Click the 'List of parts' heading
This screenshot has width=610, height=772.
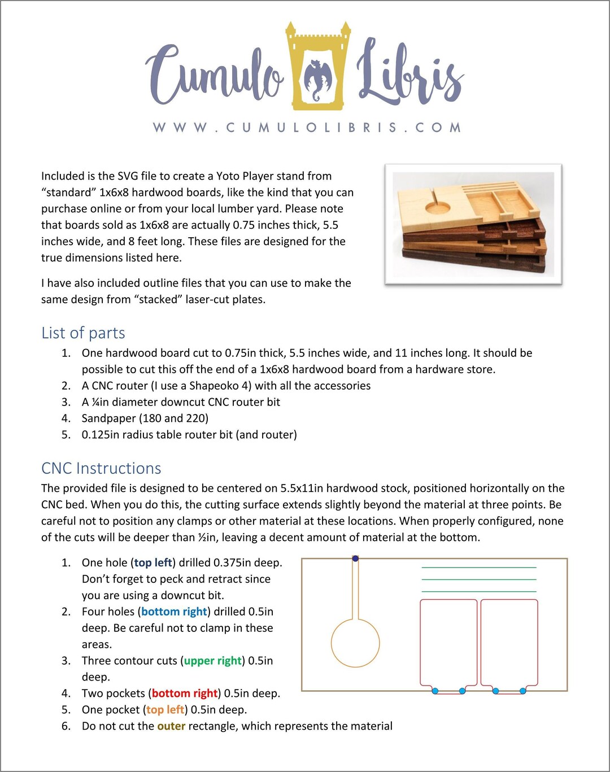83,333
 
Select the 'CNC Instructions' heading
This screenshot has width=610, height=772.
101,469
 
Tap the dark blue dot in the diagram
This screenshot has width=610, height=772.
355,559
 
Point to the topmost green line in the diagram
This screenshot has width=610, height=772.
478,568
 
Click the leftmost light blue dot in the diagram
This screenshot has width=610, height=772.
435,691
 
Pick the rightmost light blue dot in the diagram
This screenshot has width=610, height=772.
522,691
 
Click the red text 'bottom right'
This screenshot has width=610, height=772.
185,694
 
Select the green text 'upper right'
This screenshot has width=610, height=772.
212,661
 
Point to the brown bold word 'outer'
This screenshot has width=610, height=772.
171,726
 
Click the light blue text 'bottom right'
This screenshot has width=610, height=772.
174,612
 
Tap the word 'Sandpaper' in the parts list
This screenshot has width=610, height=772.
108,418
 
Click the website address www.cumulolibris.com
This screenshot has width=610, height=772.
307,128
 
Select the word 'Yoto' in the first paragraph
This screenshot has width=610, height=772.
228,176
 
